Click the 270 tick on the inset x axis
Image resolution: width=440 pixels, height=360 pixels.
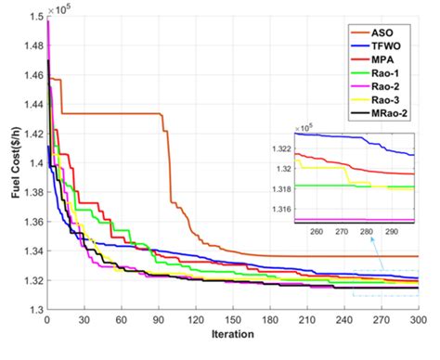(342, 232)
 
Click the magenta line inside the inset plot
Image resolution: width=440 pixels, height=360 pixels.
(353, 220)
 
